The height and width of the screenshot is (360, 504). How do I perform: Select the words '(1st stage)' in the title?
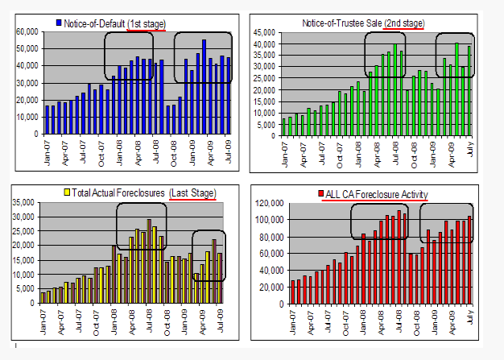[x=146, y=23]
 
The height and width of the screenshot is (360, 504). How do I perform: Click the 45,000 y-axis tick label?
[x=266, y=32]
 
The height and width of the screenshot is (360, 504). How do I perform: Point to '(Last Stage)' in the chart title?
[x=193, y=193]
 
